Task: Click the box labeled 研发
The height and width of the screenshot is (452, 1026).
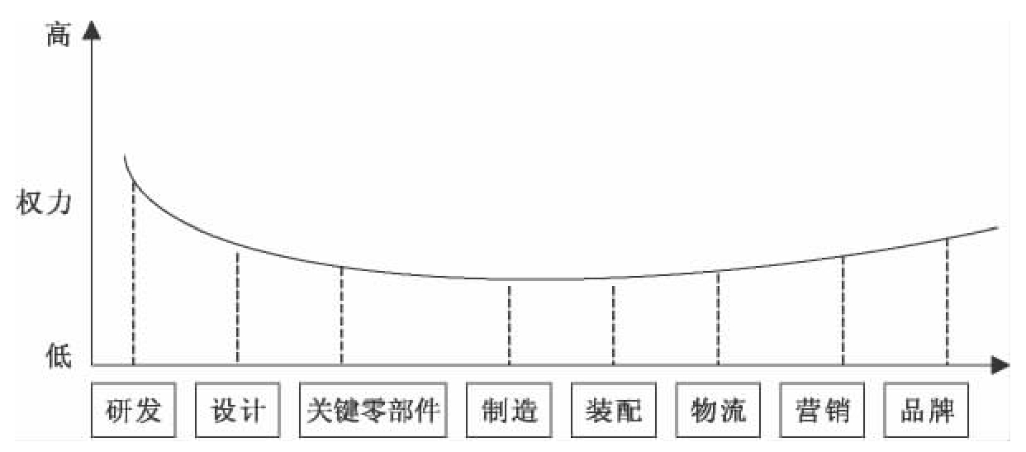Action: [134, 410]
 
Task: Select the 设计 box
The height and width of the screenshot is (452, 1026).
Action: [238, 410]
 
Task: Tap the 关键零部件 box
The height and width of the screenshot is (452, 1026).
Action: [373, 410]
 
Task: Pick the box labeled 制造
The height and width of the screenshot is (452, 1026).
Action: [509, 410]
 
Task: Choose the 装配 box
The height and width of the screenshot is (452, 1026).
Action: [613, 410]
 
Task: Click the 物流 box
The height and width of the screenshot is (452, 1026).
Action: [718, 410]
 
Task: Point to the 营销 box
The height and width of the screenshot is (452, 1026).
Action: [822, 410]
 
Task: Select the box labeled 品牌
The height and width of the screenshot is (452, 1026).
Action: [926, 410]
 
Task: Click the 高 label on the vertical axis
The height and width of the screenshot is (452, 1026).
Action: [58, 36]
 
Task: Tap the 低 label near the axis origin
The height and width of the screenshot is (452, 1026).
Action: [58, 356]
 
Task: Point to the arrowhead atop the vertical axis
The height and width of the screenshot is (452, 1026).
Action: [93, 33]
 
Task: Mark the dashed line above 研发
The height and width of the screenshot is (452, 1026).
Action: [134, 273]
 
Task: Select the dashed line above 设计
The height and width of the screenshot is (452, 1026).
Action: [238, 306]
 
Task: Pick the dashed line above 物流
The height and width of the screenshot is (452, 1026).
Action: [718, 318]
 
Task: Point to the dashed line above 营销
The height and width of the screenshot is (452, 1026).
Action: [843, 310]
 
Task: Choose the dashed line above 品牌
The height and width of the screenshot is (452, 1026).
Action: [947, 302]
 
